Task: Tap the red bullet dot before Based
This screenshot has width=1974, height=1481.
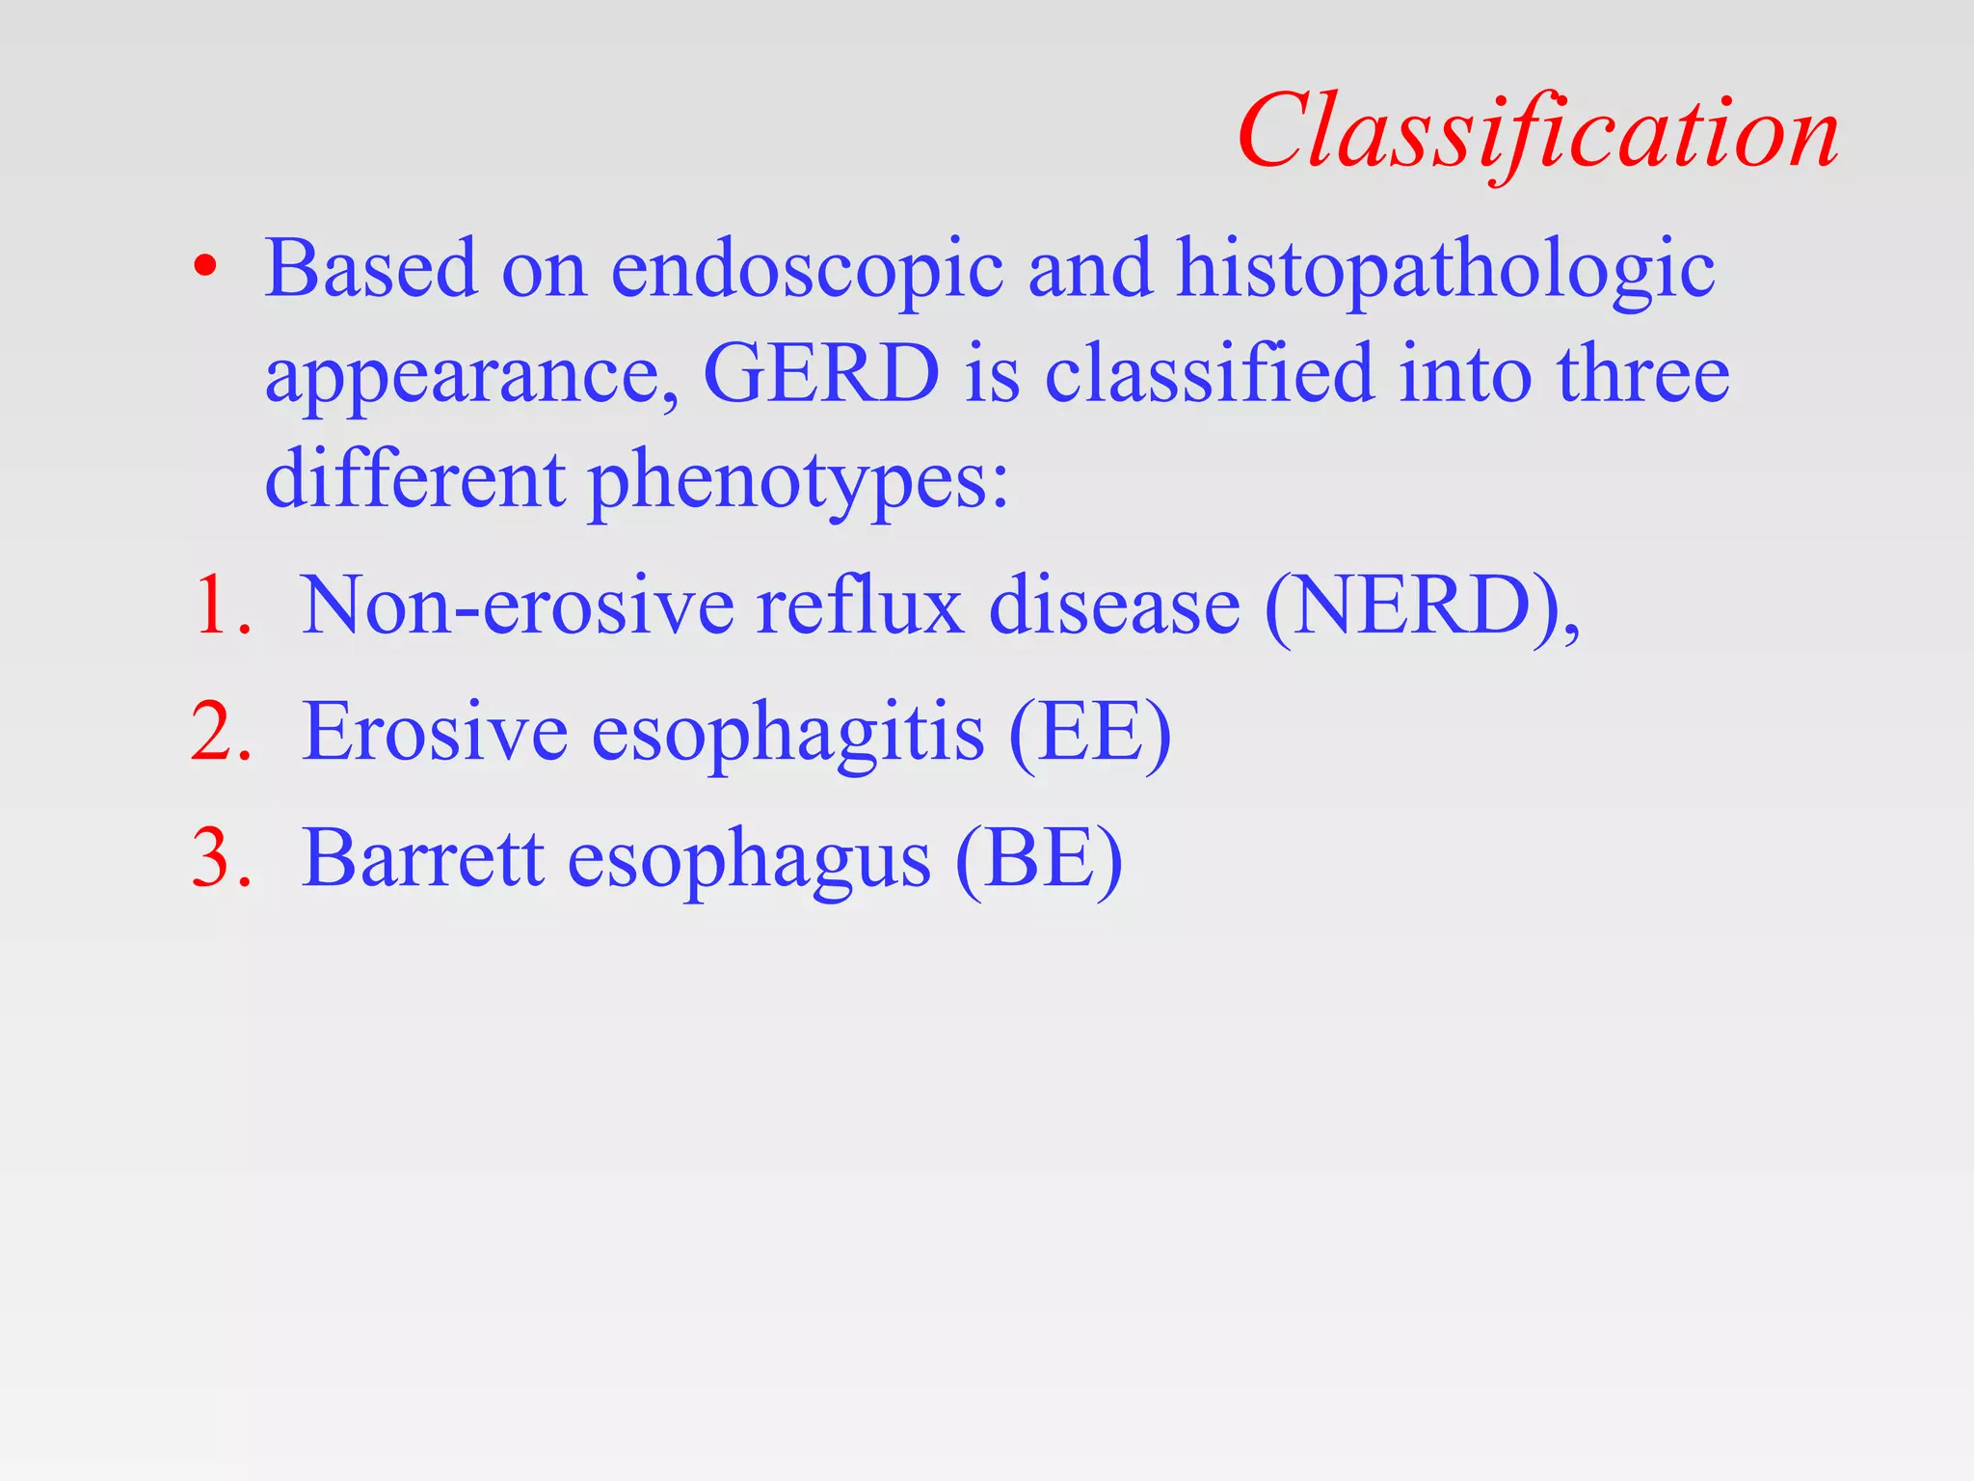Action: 204,267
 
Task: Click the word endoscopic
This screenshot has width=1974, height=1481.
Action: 807,270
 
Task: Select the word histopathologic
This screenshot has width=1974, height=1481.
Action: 1445,270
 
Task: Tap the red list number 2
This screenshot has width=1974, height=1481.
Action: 220,733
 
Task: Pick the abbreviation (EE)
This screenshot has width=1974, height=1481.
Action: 1089,733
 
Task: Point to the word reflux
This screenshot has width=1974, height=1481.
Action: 860,606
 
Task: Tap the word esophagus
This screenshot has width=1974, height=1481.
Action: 748,861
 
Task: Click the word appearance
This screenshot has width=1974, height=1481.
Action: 470,376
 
